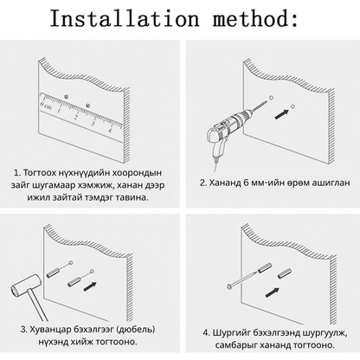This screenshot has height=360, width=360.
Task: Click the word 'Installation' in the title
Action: (x=124, y=18)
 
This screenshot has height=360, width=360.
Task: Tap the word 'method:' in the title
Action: (x=255, y=18)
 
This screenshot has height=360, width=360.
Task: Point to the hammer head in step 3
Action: (x=25, y=286)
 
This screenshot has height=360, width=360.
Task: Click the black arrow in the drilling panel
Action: (x=282, y=114)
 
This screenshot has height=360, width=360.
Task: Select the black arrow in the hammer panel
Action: (x=90, y=286)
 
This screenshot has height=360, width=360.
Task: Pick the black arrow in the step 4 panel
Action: (x=273, y=292)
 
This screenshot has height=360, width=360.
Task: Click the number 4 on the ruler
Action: (x=110, y=131)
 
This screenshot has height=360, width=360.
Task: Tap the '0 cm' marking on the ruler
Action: (x=46, y=106)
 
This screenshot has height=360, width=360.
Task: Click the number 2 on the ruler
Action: (x=75, y=118)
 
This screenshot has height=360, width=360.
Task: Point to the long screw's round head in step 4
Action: (x=229, y=286)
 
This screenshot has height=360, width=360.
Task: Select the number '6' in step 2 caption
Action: (x=246, y=183)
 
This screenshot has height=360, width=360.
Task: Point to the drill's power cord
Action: (x=215, y=165)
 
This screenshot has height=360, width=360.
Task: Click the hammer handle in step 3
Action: (x=38, y=305)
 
